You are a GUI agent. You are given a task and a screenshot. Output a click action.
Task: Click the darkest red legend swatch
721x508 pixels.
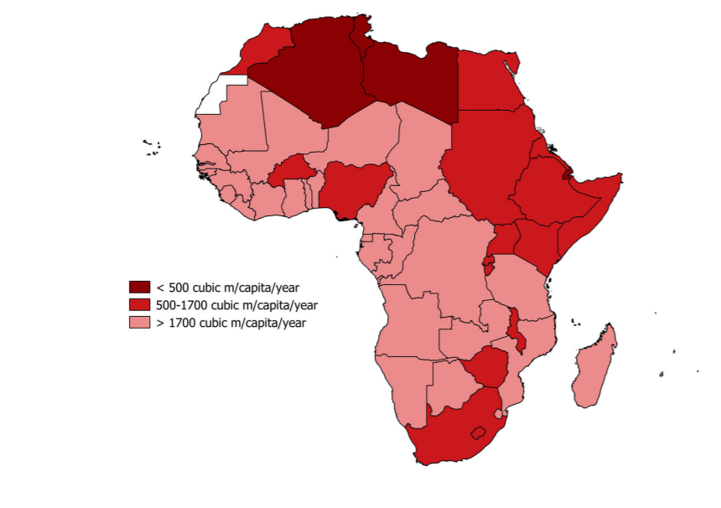point(139,288)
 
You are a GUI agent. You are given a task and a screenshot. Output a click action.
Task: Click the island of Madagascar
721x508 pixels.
point(596,369)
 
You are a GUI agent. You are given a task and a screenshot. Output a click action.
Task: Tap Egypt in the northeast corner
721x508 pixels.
point(490,84)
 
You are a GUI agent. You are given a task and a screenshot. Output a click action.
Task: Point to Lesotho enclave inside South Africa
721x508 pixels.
point(479,433)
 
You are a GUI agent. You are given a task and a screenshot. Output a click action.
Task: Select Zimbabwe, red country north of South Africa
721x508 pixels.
point(485,367)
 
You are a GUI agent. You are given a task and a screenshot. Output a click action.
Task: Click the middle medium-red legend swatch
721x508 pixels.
point(139,305)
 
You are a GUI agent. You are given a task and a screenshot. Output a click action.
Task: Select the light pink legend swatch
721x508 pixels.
point(139,323)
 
